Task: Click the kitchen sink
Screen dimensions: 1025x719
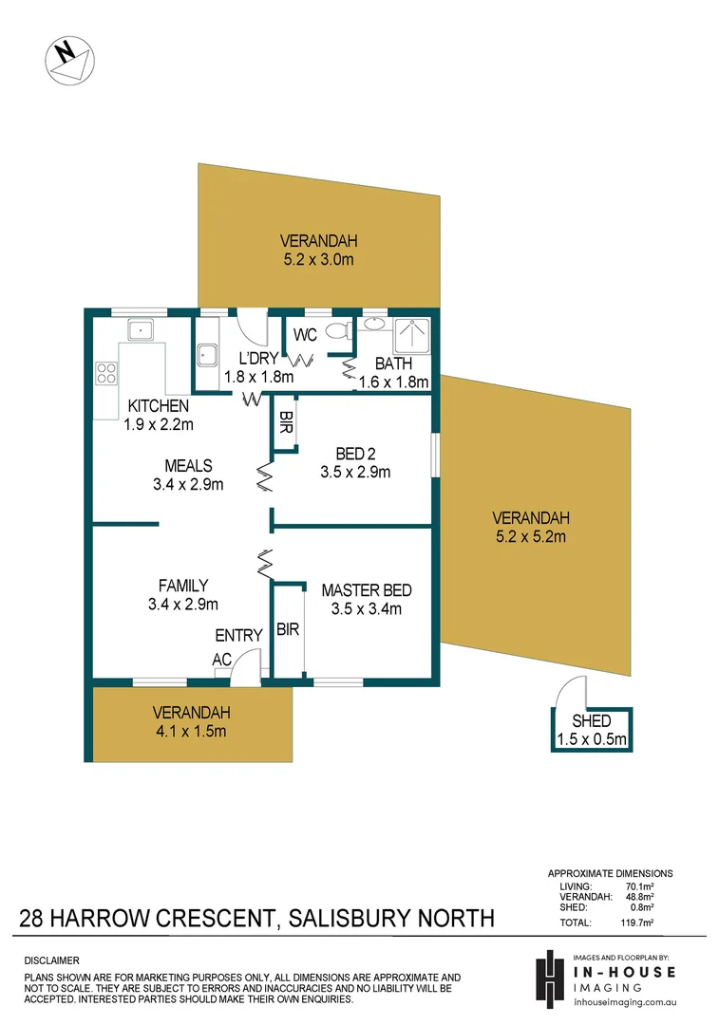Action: coord(142,329)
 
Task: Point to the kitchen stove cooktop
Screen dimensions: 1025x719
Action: coord(104,375)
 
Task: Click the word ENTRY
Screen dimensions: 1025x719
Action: coord(238,635)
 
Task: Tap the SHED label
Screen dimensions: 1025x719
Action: coord(591,721)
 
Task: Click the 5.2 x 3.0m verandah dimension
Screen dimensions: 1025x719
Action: coord(318,259)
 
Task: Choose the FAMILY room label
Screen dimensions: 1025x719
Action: coord(184,586)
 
